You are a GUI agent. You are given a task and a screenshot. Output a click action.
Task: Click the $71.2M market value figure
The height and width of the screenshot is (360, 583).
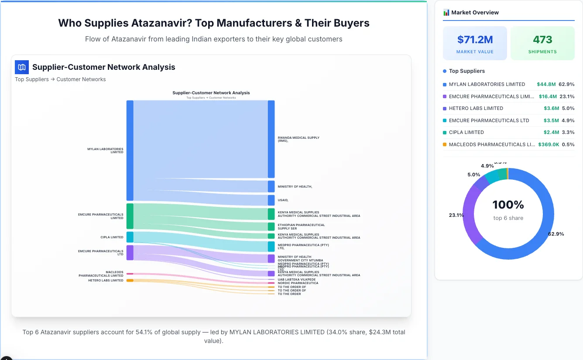(x=475, y=40)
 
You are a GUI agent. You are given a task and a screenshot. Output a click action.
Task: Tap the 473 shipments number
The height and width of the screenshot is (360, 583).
(x=542, y=40)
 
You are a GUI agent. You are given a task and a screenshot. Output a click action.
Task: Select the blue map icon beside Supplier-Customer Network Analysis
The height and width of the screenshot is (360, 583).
(x=22, y=67)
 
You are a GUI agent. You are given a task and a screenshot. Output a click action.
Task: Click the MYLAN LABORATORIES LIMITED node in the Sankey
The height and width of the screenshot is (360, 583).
(x=130, y=150)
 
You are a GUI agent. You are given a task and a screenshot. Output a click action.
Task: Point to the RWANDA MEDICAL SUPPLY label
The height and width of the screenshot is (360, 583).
(x=298, y=139)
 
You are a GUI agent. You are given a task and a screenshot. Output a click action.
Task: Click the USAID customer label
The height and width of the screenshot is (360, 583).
(x=283, y=200)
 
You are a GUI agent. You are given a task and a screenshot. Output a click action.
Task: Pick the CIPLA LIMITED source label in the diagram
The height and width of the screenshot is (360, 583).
(x=112, y=237)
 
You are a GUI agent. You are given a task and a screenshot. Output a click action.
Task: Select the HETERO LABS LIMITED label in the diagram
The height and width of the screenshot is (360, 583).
(x=106, y=281)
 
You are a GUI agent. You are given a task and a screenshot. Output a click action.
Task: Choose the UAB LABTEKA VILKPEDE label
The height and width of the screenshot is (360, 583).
(x=297, y=279)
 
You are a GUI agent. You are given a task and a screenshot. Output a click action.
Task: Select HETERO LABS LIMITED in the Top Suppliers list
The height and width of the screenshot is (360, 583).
(x=476, y=108)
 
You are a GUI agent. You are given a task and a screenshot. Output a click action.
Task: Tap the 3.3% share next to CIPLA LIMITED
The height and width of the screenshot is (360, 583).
(x=568, y=132)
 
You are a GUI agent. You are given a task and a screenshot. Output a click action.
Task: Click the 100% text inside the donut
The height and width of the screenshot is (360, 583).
(x=508, y=205)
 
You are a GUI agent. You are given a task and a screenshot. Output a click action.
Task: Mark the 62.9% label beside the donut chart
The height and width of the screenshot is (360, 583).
(x=556, y=234)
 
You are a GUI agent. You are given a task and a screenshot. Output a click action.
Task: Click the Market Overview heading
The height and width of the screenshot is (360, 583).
(x=475, y=13)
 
